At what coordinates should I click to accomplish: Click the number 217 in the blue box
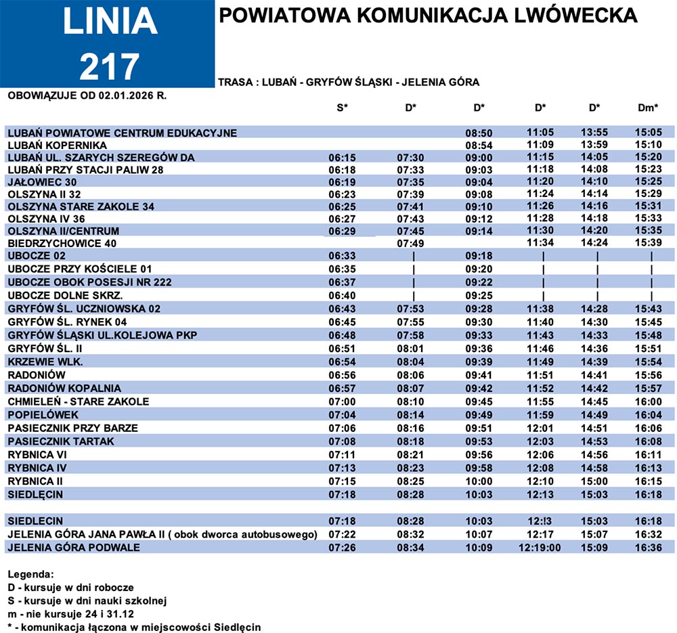pyautogui.click(x=109, y=65)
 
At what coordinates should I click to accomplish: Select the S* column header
pyautogui.click(x=342, y=108)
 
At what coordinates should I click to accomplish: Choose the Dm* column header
pyautogui.click(x=648, y=108)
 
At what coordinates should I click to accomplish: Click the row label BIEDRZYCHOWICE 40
pyautogui.click(x=62, y=242)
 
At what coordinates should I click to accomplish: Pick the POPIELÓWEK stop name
pyautogui.click(x=43, y=414)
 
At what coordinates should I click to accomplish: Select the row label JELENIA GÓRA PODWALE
pyautogui.click(x=74, y=547)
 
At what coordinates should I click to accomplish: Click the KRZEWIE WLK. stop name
pyautogui.click(x=45, y=362)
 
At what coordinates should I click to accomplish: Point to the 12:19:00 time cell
pyautogui.click(x=540, y=547)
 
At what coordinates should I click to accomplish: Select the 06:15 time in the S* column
pyautogui.click(x=342, y=158)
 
